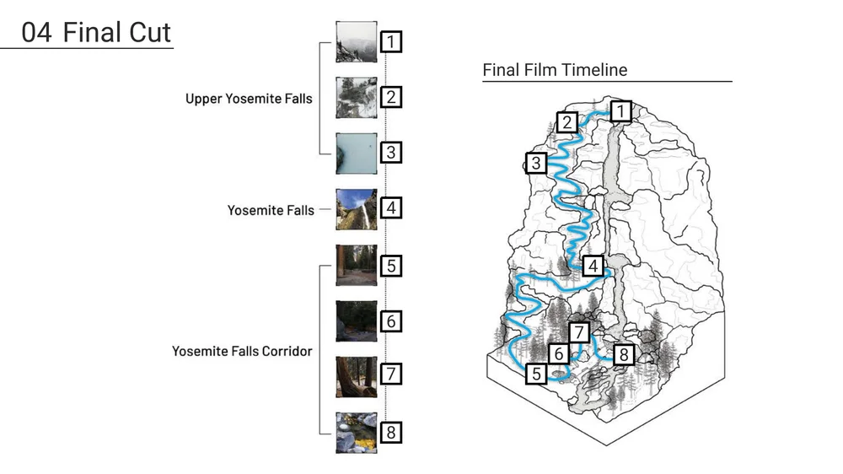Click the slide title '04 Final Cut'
click(x=96, y=33)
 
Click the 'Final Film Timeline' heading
click(x=555, y=69)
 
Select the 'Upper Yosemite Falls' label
click(x=249, y=99)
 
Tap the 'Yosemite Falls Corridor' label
click(x=242, y=351)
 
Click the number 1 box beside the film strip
click(x=390, y=41)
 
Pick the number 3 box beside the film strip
click(x=390, y=153)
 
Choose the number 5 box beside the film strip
click(x=390, y=266)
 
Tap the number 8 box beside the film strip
click(x=390, y=433)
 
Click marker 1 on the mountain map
click(x=620, y=110)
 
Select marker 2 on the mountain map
click(x=567, y=122)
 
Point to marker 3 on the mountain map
click(x=535, y=163)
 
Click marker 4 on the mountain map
click(x=593, y=266)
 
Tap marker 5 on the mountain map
click(x=535, y=374)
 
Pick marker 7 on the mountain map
click(x=579, y=331)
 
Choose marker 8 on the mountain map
click(x=623, y=354)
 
